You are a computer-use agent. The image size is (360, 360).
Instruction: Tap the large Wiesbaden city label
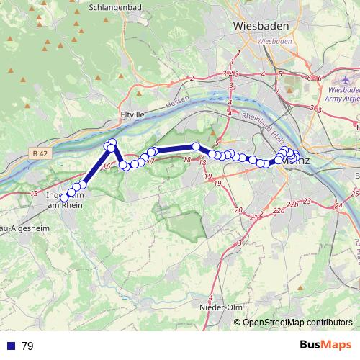(x=261, y=25)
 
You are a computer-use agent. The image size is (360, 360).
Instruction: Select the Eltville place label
(x=133, y=114)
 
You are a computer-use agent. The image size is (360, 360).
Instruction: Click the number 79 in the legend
(x=28, y=346)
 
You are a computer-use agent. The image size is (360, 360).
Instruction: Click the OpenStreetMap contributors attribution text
(x=297, y=323)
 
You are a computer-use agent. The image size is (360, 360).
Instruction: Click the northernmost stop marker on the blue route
(x=112, y=143)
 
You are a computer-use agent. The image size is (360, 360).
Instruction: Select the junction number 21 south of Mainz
(x=253, y=217)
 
